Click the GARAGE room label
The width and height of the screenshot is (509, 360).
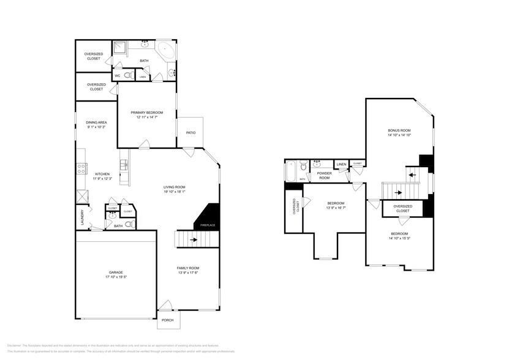pos(116,272)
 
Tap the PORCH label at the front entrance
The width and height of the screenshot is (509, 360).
pos(167,320)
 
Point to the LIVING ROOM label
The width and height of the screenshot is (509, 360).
pos(174,187)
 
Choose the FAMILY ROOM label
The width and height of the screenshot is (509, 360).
pos(188,268)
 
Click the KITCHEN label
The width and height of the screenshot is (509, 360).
pos(102,174)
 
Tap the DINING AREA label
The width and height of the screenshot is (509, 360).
pos(96,122)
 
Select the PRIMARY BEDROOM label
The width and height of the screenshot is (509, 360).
pos(147,113)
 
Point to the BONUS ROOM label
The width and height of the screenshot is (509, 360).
pos(399,130)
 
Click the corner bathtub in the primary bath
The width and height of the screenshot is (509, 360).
pos(165,50)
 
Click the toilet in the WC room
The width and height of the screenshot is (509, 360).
pos(127,76)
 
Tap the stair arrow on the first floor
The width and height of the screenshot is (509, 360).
pos(195,240)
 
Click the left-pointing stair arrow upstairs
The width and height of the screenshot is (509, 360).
pos(412,174)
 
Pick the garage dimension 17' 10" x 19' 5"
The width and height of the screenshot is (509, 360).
pos(116,277)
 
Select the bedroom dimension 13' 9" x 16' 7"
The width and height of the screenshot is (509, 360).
pos(335,208)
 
